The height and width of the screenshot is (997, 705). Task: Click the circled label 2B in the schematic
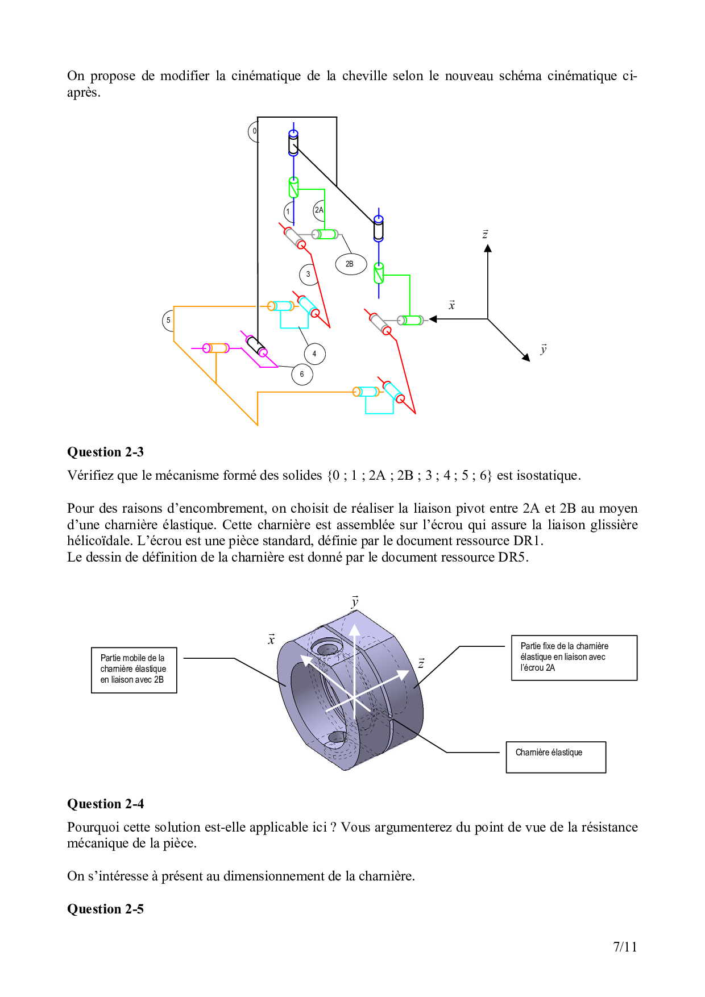(350, 264)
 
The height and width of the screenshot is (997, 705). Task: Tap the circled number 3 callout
(308, 275)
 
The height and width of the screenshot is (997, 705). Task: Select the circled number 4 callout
(314, 354)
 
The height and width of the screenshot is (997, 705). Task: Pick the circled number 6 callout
(302, 375)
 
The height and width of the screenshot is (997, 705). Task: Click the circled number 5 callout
(168, 321)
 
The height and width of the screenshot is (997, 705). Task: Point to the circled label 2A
(320, 210)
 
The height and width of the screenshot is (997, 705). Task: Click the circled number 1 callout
(289, 212)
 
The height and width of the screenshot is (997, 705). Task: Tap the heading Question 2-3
(105, 452)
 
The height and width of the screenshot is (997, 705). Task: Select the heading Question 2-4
(105, 804)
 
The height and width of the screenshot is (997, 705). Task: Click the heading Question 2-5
(105, 909)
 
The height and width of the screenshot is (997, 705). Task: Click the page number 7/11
(625, 947)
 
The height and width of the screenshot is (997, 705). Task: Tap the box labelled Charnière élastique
(555, 757)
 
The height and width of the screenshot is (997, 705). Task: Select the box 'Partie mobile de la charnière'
(134, 670)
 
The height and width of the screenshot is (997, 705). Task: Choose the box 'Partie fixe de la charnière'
(574, 658)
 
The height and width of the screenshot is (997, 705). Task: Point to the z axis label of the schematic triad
(485, 234)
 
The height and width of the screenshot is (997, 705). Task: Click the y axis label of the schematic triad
(544, 349)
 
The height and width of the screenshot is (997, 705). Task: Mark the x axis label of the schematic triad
(452, 305)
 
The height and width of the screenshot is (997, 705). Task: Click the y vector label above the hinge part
(355, 602)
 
